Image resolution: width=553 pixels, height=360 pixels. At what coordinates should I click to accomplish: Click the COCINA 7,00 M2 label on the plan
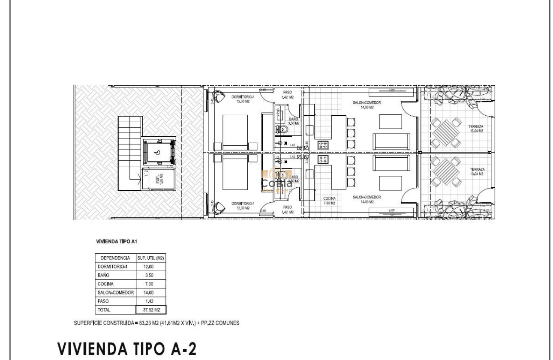tap(329, 201)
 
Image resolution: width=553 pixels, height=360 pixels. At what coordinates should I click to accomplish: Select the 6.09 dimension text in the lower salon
tap(391, 210)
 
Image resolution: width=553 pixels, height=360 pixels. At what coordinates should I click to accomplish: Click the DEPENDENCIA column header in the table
tap(115, 258)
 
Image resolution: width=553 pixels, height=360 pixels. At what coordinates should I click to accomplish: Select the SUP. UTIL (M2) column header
tap(150, 258)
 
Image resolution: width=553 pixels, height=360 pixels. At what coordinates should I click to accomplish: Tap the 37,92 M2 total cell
tap(150, 310)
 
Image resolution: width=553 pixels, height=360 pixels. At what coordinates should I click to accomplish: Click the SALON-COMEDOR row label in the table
tap(115, 293)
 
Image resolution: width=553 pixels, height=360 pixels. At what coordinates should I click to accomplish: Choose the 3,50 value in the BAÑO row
tap(150, 276)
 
